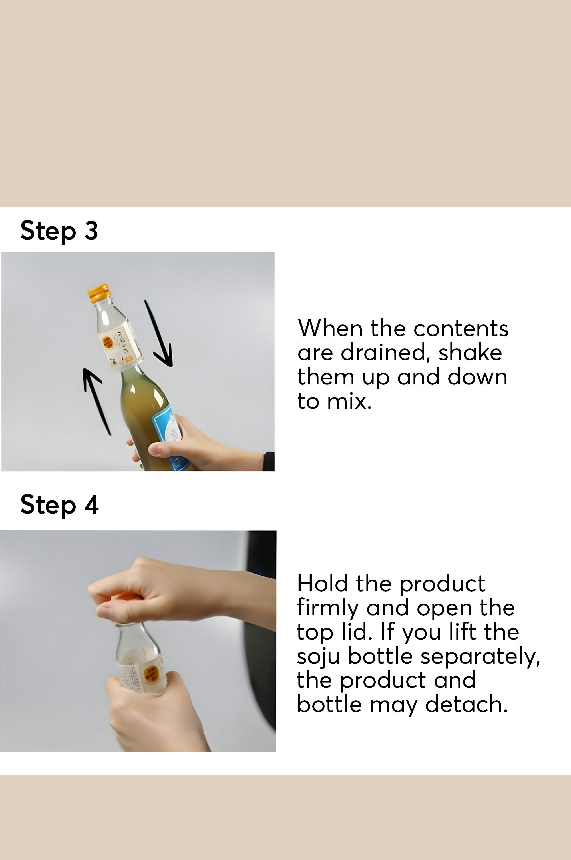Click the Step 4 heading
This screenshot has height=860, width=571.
pos(59,505)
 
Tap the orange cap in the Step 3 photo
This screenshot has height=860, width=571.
pos(98,293)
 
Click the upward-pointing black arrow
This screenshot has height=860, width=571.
pos(95,401)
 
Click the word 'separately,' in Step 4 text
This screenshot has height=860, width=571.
pos(480,656)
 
